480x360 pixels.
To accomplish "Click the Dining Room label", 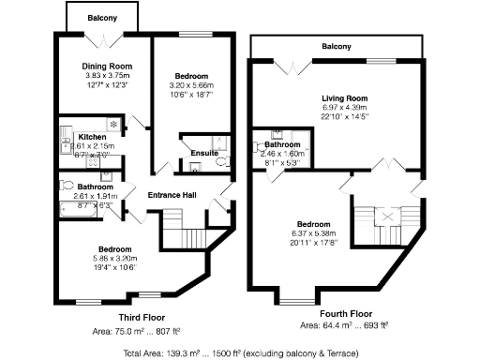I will pos(107,67).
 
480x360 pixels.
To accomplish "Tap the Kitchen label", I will pos(92,137).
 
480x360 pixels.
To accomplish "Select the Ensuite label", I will pos(203,153).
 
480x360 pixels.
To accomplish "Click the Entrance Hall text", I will pos(172,194).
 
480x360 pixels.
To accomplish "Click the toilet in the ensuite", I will pos(222,162).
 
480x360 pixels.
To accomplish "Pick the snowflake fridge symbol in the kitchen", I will pos(112,124).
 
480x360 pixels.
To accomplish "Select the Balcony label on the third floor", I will pos(102,18).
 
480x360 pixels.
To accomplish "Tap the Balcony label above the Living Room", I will pos(336,46).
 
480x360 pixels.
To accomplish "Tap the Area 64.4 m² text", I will pos(343,326).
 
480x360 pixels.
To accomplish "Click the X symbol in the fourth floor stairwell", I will pos(384,215).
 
